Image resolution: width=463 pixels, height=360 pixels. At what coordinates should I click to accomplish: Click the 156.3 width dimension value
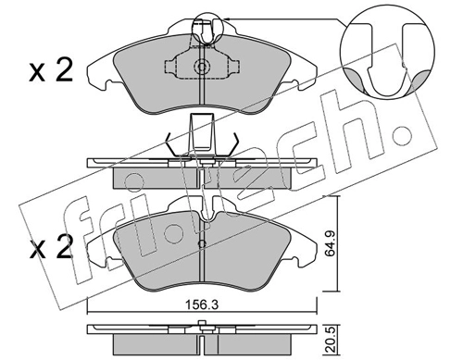pyautogui.click(x=202, y=305)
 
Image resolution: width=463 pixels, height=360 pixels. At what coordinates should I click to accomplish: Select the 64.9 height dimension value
pyautogui.click(x=331, y=243)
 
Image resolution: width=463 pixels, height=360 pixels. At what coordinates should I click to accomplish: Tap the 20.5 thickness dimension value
pyautogui.click(x=331, y=341)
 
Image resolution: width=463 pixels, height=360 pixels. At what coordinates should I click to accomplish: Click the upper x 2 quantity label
pyautogui.click(x=51, y=71)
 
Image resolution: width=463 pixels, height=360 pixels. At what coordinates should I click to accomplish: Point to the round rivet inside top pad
pyautogui.click(x=202, y=67)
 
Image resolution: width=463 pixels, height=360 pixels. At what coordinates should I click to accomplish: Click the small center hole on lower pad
pyautogui.click(x=202, y=244)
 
